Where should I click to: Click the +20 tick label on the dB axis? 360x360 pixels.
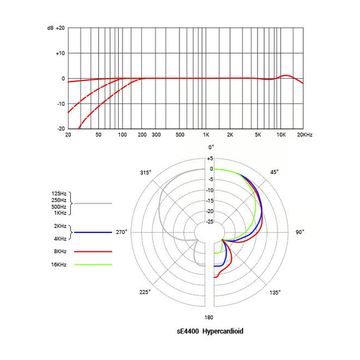click(x=61, y=28)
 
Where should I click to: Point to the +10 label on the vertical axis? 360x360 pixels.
click(x=61, y=53)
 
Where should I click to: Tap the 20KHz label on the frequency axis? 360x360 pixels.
click(x=304, y=135)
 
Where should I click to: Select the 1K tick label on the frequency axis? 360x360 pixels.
click(x=206, y=135)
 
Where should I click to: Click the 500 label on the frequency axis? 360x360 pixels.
click(x=181, y=135)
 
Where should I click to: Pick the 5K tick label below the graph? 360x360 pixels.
click(x=258, y=135)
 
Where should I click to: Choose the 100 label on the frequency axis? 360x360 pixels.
click(x=122, y=135)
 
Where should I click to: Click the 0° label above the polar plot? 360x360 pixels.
click(x=211, y=147)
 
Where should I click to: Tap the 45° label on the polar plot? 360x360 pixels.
click(x=274, y=172)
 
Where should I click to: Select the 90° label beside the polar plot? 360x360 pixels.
click(x=300, y=232)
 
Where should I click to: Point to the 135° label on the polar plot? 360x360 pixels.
click(x=275, y=292)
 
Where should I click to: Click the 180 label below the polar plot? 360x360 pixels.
click(x=209, y=317)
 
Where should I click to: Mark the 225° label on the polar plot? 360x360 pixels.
click(x=145, y=292)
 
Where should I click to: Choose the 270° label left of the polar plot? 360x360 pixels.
click(x=121, y=232)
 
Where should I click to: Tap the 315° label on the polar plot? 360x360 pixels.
click(x=145, y=172)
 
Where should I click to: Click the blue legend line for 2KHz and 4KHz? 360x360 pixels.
click(x=93, y=232)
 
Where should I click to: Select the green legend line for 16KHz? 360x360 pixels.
click(x=93, y=264)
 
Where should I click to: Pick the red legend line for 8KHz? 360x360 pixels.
click(x=93, y=251)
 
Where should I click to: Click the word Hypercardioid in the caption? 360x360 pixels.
click(x=223, y=331)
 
